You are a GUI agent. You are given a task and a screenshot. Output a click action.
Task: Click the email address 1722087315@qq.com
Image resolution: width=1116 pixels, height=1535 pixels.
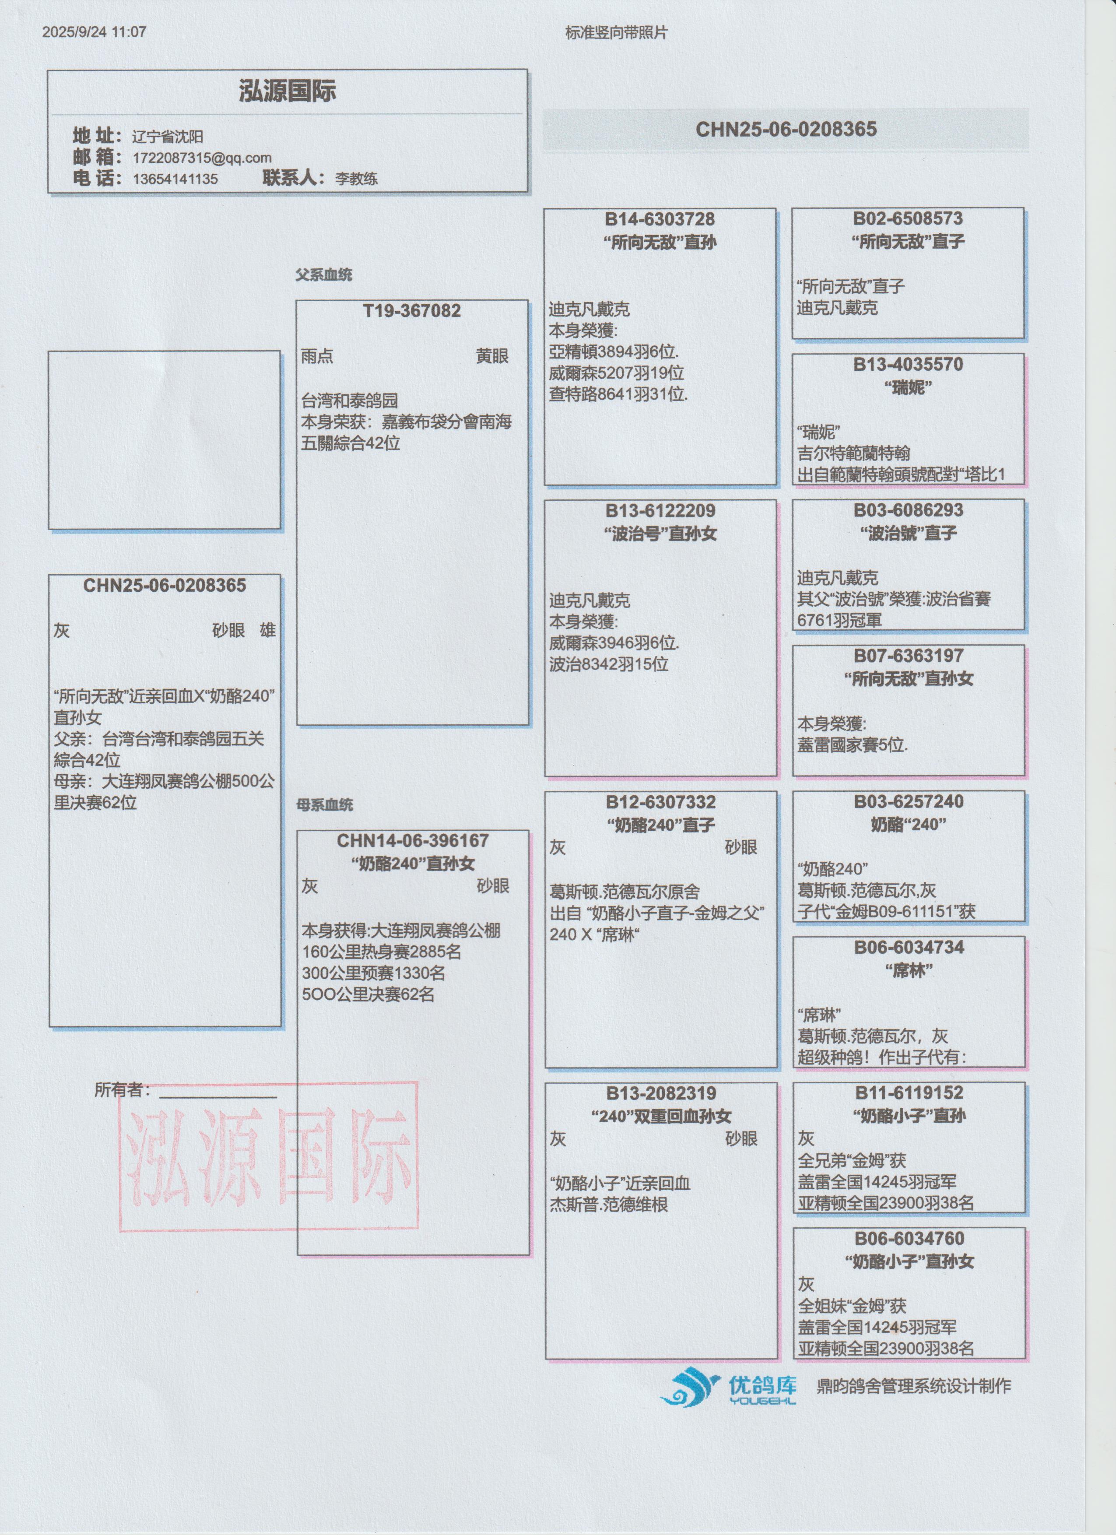point(202,158)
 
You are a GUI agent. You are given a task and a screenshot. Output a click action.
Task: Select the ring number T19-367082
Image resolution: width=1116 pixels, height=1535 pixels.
point(411,311)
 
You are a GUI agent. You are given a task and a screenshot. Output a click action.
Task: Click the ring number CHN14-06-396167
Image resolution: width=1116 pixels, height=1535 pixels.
point(413,840)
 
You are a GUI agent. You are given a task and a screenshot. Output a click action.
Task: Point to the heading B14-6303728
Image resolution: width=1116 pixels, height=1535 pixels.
point(660,219)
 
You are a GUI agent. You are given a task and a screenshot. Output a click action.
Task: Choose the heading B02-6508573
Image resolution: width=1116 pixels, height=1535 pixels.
point(908,218)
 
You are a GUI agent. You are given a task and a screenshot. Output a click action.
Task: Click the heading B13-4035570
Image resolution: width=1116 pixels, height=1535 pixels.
point(908,365)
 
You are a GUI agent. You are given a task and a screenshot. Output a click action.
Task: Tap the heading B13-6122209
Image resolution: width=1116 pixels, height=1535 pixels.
point(660,511)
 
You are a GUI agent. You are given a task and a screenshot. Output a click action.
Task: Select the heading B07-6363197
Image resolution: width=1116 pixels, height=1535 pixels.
point(908,656)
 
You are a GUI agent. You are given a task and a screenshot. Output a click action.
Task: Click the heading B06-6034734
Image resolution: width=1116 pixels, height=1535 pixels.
point(909,948)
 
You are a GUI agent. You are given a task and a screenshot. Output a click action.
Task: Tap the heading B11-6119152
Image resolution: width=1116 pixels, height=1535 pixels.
point(909,1092)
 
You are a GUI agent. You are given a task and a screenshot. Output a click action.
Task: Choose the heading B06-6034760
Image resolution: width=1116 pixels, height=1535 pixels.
point(909,1239)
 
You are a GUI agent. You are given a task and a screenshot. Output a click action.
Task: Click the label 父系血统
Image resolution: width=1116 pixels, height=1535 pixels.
point(323,275)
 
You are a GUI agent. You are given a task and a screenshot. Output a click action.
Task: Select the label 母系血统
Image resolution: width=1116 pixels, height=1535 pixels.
point(324,805)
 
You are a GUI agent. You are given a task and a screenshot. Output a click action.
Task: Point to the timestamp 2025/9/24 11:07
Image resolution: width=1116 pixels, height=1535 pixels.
point(94,32)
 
